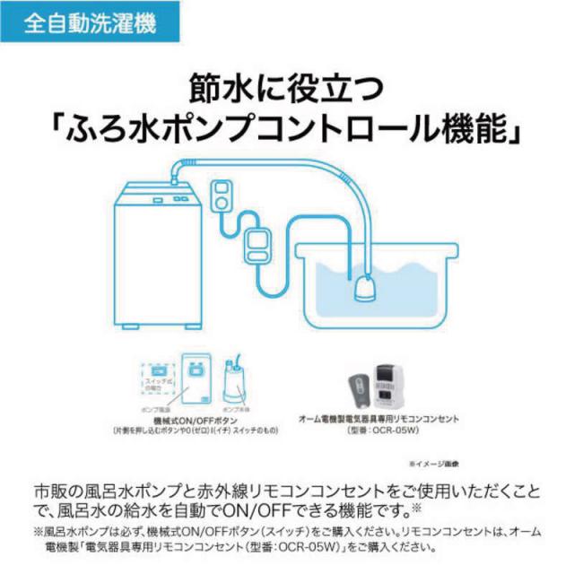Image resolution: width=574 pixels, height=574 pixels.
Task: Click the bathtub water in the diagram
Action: pyautogui.click(x=395, y=278)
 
